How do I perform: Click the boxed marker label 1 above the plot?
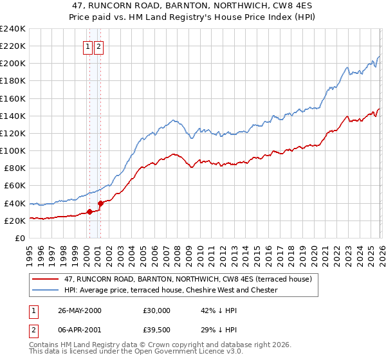pos(87,46)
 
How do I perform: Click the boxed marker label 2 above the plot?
pos(98,46)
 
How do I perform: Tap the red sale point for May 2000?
pos(89,212)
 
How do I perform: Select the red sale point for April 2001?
pos(100,203)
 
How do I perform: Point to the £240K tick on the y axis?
pos(13,29)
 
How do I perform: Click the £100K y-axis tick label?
pos(13,150)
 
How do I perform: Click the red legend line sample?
pos(46,279)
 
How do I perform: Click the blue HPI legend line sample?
pos(46,290)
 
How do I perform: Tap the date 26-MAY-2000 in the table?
pos(79,310)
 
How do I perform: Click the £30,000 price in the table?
pos(156,310)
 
